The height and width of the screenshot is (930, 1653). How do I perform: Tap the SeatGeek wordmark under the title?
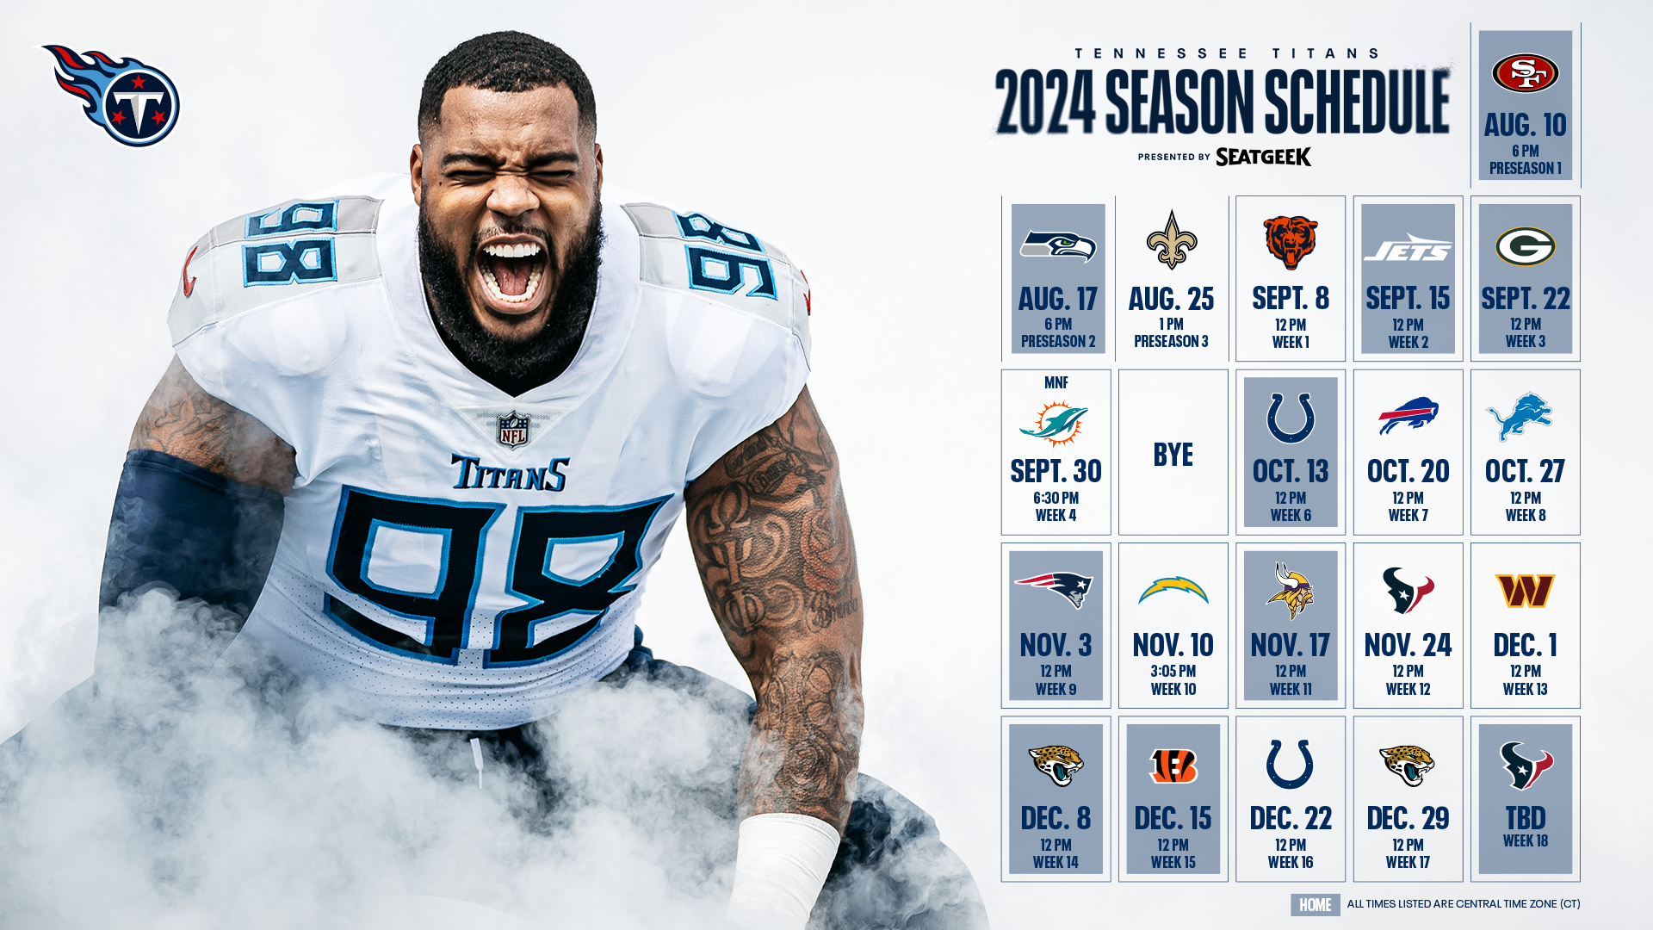coord(1263,157)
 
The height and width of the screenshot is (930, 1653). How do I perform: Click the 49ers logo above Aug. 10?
coord(1525,72)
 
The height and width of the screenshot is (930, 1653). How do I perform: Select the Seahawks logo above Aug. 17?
coord(1057,246)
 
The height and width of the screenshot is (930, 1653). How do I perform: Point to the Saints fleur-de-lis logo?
coord(1172,240)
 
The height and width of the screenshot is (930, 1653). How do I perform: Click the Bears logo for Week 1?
coord(1290,242)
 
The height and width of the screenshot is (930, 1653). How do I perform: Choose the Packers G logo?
coord(1525,246)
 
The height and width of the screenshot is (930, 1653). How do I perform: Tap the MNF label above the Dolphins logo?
coord(1056,382)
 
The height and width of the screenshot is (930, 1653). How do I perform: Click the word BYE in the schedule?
coord(1173,455)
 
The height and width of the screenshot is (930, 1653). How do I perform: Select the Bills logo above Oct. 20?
coord(1408,416)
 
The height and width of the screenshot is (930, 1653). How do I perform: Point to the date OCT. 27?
coord(1525,471)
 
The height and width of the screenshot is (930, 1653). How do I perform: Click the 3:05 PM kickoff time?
coord(1173,671)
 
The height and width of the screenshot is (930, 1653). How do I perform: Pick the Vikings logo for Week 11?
coord(1290,591)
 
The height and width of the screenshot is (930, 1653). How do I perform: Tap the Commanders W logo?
coord(1525,591)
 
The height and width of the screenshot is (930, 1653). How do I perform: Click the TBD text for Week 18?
coord(1525,818)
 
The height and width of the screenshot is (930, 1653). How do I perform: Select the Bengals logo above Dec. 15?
coord(1173,766)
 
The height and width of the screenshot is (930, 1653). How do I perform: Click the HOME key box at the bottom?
coord(1315,905)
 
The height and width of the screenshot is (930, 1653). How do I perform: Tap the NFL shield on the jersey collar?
coord(513,430)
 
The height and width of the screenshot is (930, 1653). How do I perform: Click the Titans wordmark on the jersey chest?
coord(510,473)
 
